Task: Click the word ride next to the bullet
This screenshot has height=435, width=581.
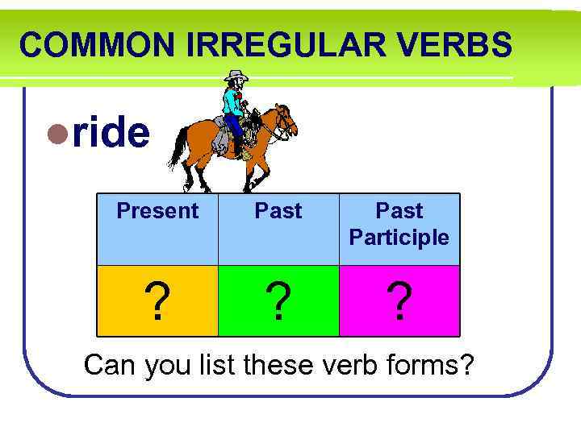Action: [111, 134]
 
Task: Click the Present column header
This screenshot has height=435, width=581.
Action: [157, 211]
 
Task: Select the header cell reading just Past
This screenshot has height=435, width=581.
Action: [278, 211]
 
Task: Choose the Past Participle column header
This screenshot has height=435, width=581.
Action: [399, 224]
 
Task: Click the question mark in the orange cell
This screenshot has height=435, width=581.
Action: [158, 301]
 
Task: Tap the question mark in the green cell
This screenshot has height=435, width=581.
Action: [278, 301]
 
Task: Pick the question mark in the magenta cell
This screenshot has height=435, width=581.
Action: [399, 301]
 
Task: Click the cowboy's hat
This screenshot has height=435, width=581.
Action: [236, 77]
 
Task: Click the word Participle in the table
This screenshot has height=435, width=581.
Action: [399, 238]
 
